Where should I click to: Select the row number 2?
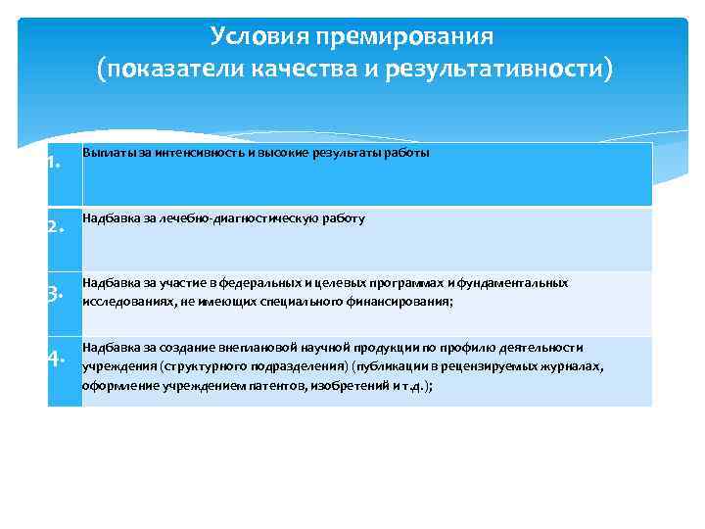click(56, 230)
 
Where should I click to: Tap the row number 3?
click(56, 293)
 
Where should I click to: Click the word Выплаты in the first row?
click(105, 154)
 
